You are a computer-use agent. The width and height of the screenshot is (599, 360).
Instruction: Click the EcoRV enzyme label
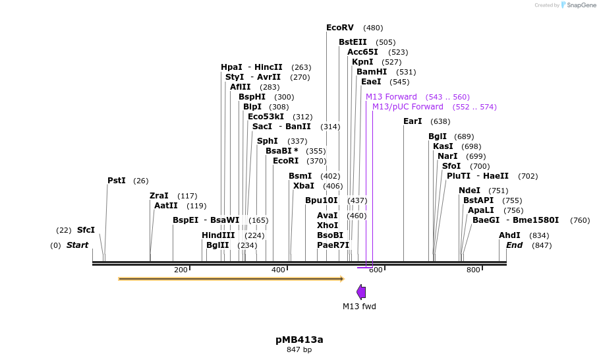coord(339,28)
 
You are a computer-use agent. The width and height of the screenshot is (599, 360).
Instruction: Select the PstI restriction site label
coord(116,181)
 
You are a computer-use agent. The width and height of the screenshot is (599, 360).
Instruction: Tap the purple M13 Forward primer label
coord(391,97)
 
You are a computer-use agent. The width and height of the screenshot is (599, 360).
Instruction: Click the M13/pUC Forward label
coord(407,107)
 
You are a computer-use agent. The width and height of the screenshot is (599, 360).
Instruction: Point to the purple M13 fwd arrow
coord(361,292)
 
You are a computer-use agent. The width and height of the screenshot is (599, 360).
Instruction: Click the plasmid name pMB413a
coord(299,340)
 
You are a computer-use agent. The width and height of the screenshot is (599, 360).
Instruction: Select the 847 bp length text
coord(299,349)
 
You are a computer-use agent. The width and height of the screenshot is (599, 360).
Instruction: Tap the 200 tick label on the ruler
coord(181,270)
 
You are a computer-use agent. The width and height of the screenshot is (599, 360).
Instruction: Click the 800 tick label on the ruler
coord(473,270)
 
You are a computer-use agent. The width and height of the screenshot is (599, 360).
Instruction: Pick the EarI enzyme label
coord(413,121)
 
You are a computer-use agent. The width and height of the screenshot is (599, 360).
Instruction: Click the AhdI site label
coord(509,235)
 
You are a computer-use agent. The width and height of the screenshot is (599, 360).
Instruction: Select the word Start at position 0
coord(77,245)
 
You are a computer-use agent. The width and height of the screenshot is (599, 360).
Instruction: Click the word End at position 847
coord(514,245)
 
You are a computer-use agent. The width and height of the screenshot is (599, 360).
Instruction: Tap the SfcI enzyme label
coord(86,230)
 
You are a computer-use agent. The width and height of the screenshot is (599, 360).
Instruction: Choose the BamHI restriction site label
coord(372,72)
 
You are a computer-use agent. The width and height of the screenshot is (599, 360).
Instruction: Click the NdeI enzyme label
coord(469,191)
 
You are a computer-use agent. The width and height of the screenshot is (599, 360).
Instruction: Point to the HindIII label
coord(218,235)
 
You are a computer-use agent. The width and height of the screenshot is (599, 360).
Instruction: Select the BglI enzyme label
coord(438,136)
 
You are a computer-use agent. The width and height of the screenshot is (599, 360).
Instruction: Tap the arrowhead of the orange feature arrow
coord(341,279)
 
